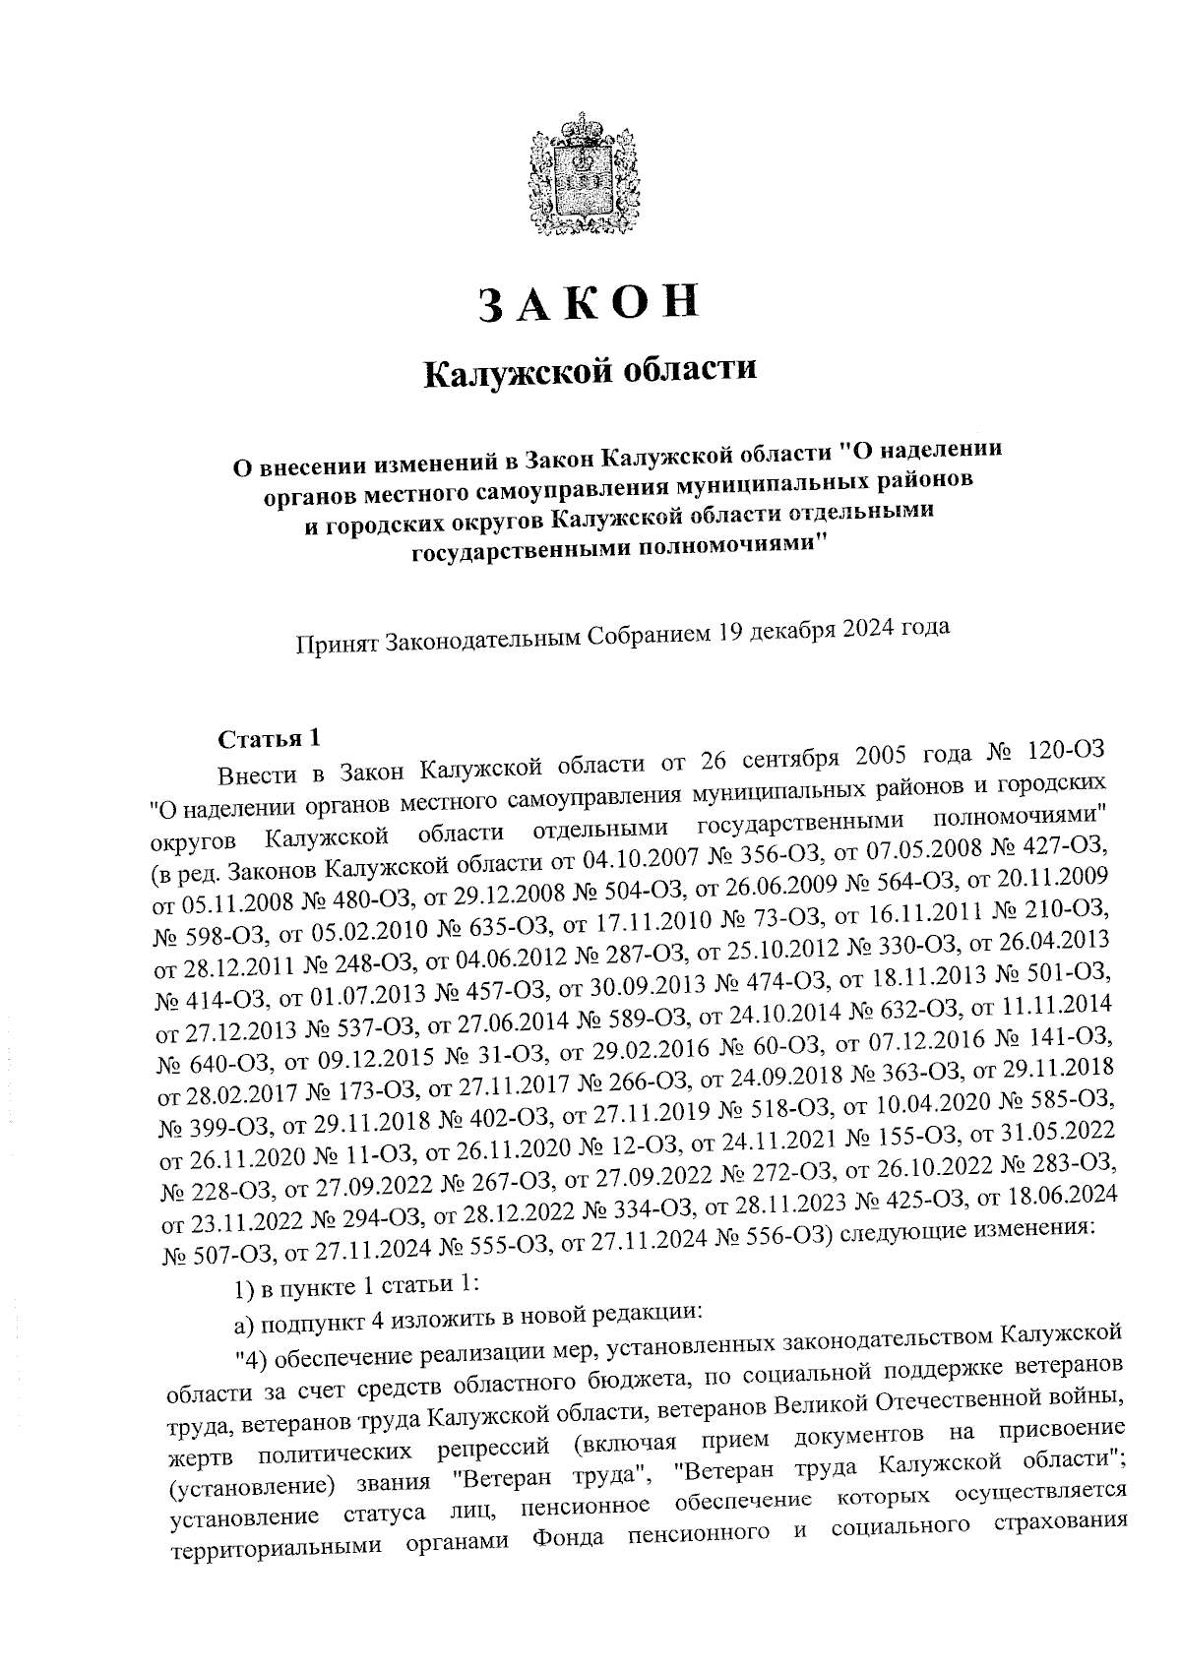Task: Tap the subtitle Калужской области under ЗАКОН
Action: tap(590, 372)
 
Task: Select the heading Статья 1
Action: tap(269, 738)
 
